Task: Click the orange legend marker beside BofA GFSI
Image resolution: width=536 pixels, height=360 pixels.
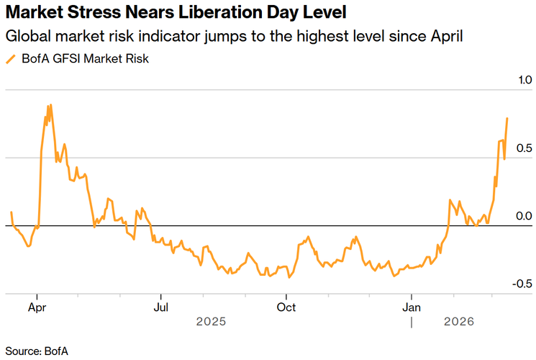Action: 10,59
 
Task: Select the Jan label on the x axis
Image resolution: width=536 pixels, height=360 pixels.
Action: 411,307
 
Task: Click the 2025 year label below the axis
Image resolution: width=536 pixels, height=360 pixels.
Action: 212,323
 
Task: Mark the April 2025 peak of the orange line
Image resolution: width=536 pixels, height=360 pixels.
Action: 49,105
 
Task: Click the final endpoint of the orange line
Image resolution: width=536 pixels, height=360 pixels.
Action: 507,118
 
